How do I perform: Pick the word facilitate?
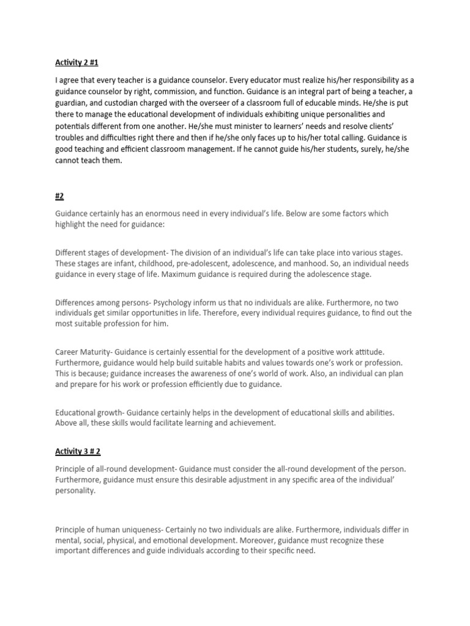[x=172, y=424]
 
